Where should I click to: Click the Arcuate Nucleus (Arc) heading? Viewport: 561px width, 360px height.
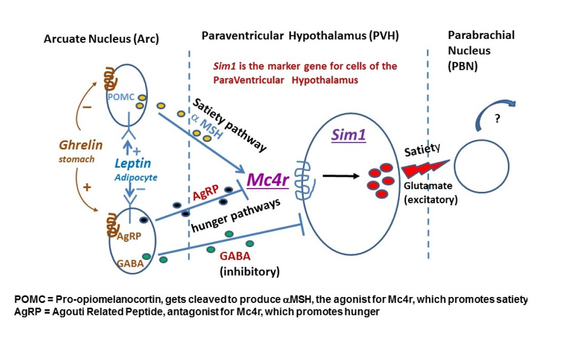[101, 39]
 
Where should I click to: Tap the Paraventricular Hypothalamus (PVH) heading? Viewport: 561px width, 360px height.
[300, 36]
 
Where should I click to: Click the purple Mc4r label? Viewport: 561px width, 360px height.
[268, 179]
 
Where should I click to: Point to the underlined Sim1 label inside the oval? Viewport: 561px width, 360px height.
[348, 135]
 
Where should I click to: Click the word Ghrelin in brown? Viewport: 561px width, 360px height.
[81, 145]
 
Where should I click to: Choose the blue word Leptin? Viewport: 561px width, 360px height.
[133, 163]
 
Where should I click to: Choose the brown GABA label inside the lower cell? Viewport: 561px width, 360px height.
[130, 262]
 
